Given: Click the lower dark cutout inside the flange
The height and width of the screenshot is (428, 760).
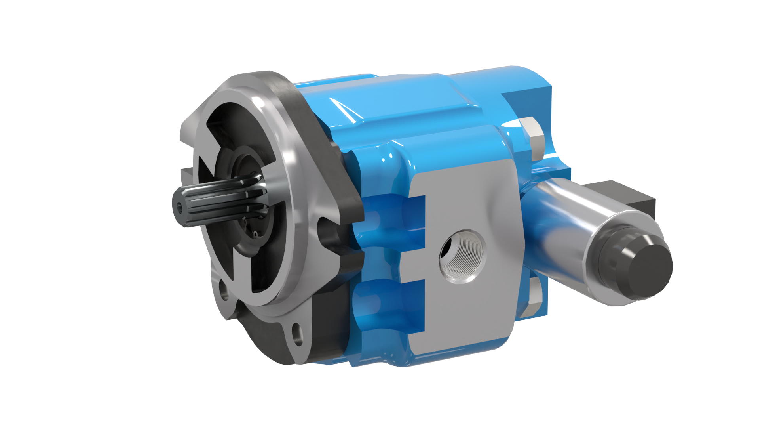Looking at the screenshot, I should (253, 277).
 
